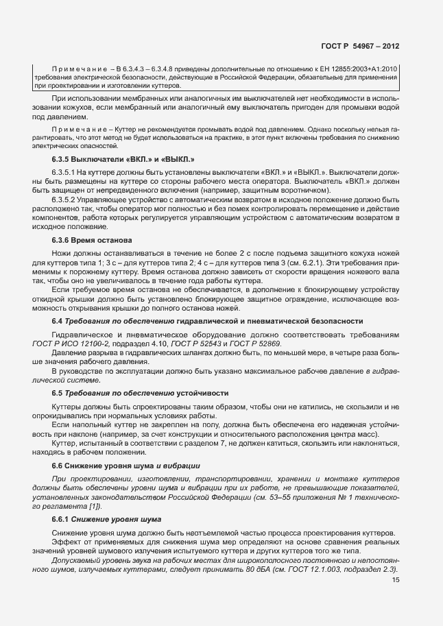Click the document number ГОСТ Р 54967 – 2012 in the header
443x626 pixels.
point(359,47)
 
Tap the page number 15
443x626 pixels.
point(395,580)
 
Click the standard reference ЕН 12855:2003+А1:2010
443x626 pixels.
point(359,69)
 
